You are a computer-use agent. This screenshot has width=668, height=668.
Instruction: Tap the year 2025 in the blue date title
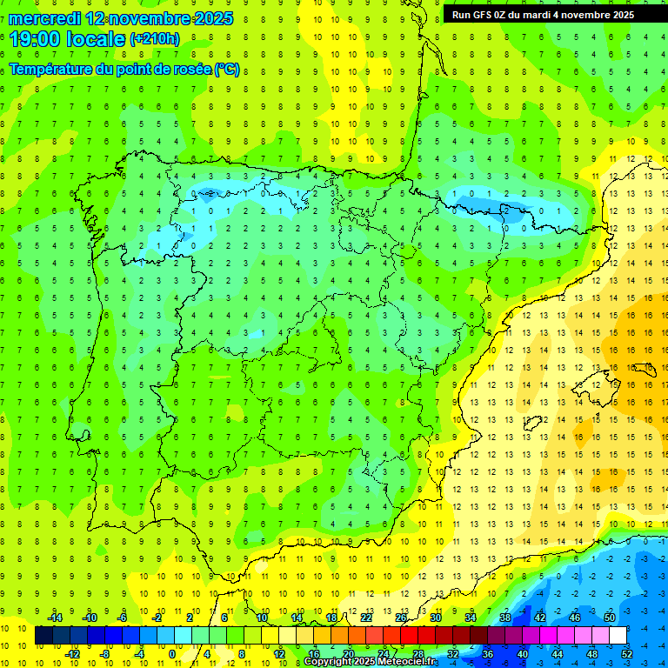coord(209,18)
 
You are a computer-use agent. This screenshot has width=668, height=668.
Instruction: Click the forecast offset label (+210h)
coord(155,39)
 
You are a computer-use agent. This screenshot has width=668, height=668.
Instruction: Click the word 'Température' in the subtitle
coord(54,69)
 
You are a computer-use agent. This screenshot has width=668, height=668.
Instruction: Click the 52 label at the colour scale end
coord(627,653)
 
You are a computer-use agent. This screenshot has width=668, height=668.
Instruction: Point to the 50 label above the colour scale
coord(609,618)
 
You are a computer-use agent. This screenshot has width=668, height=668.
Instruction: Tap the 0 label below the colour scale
coord(172,653)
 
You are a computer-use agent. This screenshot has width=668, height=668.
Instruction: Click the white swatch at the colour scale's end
coord(618,636)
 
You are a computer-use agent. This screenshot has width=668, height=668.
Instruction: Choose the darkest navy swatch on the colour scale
coord(44,636)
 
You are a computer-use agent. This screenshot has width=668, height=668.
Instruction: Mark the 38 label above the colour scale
coord(504,618)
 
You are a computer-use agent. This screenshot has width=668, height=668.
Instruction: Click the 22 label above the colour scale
coord(365,618)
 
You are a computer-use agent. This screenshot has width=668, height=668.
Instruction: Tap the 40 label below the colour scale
coord(522,653)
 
